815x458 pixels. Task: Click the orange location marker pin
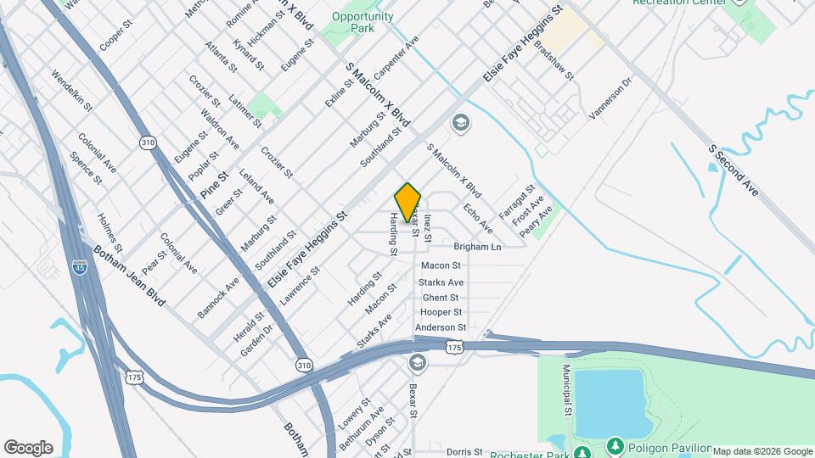pos(407,202)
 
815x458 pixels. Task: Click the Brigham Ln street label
pos(478,247)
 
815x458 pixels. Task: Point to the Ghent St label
pos(441,298)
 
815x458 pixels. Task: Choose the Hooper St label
pos(441,312)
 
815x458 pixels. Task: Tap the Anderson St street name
pos(441,327)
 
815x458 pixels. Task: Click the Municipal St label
pos(566,390)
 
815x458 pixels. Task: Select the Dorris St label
pos(464,452)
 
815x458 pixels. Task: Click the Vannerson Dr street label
pos(613,98)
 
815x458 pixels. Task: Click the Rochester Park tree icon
pos(582,450)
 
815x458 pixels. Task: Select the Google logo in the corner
pos(28,448)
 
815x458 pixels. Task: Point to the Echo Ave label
pos(478,219)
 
